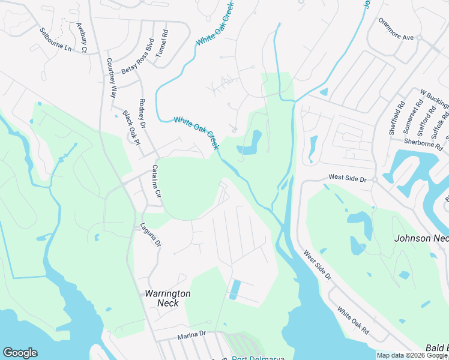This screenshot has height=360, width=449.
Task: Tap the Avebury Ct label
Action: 82,38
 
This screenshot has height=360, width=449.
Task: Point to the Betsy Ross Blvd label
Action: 138,56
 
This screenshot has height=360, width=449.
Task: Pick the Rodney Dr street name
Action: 142,114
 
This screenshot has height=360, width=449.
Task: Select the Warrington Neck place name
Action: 167,298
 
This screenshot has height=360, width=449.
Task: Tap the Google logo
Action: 20,353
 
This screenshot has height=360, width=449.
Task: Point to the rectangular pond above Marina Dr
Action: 235,289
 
